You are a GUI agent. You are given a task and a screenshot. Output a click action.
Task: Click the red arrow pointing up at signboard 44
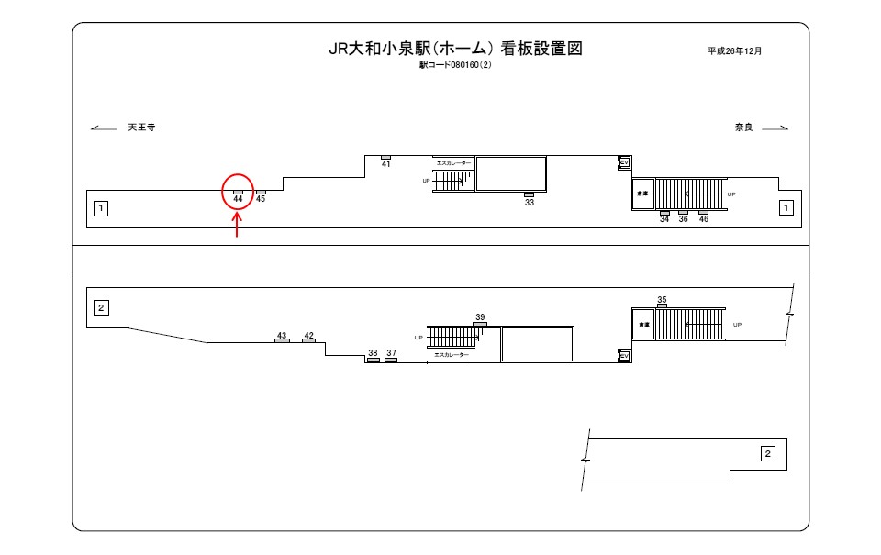pyautogui.click(x=238, y=225)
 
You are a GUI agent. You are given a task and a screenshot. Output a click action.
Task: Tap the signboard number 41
pyautogui.click(x=385, y=163)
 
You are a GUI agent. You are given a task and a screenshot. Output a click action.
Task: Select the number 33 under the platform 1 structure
pyautogui.click(x=530, y=202)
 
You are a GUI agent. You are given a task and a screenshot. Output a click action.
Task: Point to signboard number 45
pyautogui.click(x=261, y=198)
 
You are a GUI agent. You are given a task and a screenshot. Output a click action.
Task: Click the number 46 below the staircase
pyautogui.click(x=704, y=219)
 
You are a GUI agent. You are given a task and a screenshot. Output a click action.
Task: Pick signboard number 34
pyautogui.click(x=664, y=219)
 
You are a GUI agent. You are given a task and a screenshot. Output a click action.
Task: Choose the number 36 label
pyautogui.click(x=684, y=219)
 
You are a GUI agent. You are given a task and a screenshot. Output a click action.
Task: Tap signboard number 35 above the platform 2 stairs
pyautogui.click(x=662, y=300)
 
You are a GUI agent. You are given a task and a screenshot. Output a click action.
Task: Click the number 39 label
pyautogui.click(x=480, y=317)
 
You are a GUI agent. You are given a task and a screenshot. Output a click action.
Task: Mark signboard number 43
pyautogui.click(x=282, y=336)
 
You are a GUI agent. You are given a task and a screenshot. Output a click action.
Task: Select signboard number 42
pyautogui.click(x=308, y=336)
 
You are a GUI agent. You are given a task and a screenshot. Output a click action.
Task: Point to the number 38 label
pyautogui.click(x=373, y=353)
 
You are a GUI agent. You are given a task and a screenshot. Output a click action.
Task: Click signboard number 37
pyautogui.click(x=391, y=353)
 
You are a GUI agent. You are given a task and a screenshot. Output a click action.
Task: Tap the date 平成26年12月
pyautogui.click(x=734, y=50)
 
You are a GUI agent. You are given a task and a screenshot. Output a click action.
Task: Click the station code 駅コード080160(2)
pyautogui.click(x=455, y=65)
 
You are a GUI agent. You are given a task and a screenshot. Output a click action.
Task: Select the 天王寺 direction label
pyautogui.click(x=141, y=128)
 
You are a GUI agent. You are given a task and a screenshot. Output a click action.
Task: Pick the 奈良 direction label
pyautogui.click(x=743, y=128)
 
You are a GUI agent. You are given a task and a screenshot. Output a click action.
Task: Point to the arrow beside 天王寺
pyautogui.click(x=104, y=128)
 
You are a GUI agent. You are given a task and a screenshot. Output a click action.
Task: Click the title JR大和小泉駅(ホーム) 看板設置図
pyautogui.click(x=455, y=49)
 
